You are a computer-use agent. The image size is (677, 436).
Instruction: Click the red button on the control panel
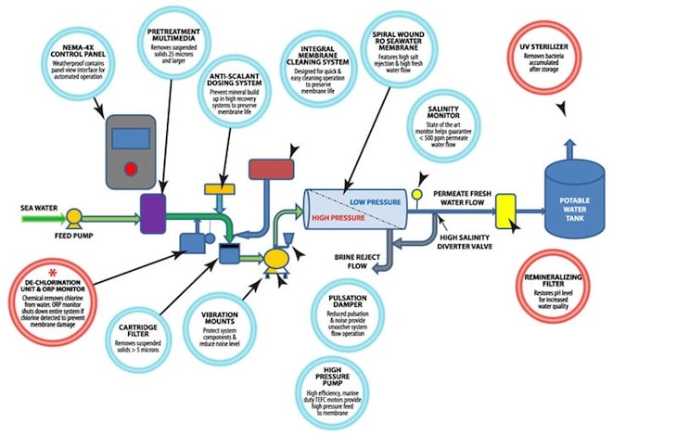(131, 168)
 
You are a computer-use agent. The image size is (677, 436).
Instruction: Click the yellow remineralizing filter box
(505, 209)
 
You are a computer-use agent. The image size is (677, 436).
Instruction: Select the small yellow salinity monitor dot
(418, 194)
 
